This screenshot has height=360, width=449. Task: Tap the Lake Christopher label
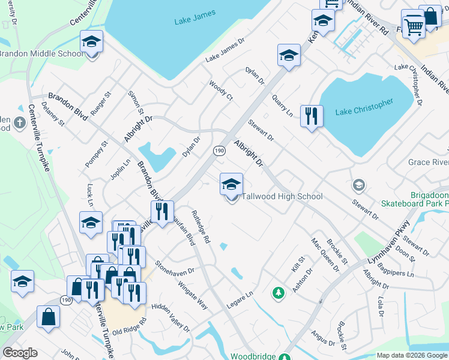click(364, 107)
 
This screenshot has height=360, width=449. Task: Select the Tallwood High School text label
click(282, 196)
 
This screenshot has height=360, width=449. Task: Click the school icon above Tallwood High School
click(231, 184)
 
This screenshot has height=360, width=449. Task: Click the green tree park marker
click(278, 293)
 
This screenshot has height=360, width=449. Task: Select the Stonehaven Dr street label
click(175, 267)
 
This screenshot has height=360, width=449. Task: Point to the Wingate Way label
click(192, 294)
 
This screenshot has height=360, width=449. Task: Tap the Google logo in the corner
click(20, 353)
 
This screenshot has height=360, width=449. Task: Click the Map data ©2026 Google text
click(411, 355)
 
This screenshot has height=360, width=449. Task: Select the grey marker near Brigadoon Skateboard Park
click(359, 184)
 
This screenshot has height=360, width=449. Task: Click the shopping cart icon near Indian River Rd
click(413, 25)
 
